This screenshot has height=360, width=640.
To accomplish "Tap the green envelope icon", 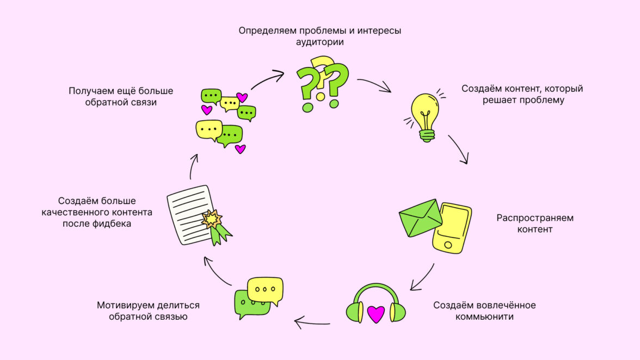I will [420, 218].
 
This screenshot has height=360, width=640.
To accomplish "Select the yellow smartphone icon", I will [452, 227].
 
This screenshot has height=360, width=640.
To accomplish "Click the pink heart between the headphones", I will [376, 314].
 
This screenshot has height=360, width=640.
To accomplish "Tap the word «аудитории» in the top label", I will [320, 42].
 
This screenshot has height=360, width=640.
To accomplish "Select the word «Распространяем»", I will [534, 218].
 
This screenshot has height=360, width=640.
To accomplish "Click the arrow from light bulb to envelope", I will [458, 149].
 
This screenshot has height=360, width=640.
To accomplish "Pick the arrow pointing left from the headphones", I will [312, 324].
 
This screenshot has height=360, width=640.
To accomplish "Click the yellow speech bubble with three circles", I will [265, 289].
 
